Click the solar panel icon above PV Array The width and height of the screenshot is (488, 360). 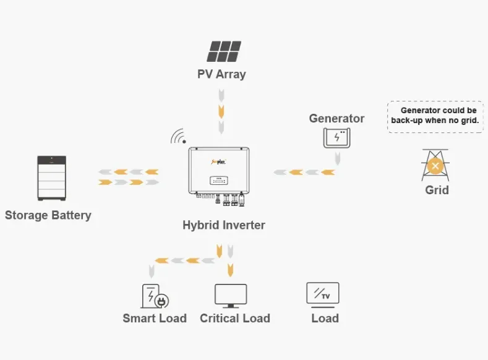224,51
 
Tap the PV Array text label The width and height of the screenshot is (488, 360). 221,74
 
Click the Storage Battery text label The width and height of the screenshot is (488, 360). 48,215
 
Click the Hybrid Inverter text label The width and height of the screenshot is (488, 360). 223,225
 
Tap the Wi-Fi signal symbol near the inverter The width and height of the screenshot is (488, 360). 179,137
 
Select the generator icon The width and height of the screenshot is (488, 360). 336,137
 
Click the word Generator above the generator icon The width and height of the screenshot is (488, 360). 336,118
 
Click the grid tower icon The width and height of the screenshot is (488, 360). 435,165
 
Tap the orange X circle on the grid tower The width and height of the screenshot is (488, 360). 435,166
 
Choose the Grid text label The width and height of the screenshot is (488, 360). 437,190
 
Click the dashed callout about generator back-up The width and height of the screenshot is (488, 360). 435,116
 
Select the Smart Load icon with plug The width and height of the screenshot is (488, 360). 155,296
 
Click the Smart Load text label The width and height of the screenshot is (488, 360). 155,319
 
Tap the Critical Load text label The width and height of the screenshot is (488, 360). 235,319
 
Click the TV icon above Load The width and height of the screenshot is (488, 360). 323,294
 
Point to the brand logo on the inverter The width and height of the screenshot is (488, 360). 218,161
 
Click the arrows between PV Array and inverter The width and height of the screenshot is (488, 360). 221,111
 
